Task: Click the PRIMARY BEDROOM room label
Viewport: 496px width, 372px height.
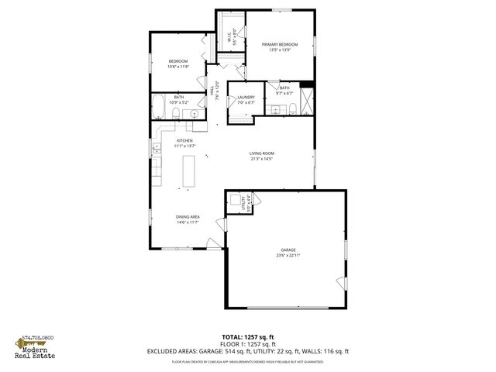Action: click(x=280, y=45)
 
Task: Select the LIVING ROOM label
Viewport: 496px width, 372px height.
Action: click(x=261, y=153)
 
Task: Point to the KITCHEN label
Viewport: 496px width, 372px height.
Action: click(x=184, y=140)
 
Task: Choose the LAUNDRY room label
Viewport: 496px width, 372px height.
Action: click(x=246, y=97)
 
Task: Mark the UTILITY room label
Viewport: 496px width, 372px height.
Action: click(x=243, y=204)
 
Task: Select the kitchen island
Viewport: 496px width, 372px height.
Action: click(x=188, y=170)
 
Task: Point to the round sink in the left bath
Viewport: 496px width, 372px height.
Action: click(x=194, y=115)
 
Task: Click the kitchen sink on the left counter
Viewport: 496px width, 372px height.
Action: click(x=156, y=149)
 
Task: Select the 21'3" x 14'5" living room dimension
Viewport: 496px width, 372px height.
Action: click(x=261, y=159)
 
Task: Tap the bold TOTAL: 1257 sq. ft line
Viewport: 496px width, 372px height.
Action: click(x=247, y=338)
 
